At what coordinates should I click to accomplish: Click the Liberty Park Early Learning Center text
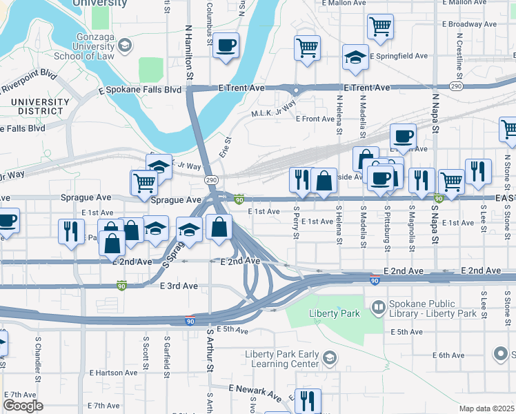pos(282,359)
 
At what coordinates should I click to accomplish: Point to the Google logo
pos(22,405)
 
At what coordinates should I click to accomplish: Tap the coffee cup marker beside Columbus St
pos(226,46)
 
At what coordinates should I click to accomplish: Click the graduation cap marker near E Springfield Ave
pos(355,57)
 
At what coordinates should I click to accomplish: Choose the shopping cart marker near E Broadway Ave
pos(379,28)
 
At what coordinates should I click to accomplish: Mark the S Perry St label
pos(296,222)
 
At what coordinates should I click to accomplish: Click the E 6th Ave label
pos(448,355)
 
